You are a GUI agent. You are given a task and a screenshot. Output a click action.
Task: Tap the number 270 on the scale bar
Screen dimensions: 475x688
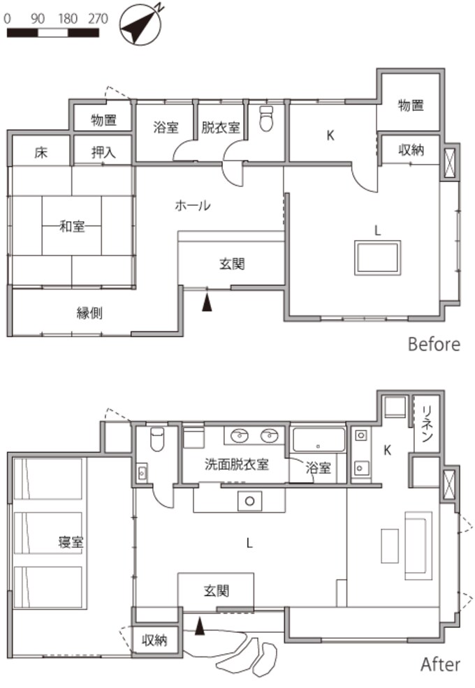(x=98, y=18)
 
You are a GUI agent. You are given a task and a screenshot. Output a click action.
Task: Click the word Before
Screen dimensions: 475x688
(x=434, y=345)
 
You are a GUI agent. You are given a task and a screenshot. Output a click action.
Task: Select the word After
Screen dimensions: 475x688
(x=440, y=665)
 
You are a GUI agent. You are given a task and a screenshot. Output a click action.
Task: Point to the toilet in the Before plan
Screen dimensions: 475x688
(x=266, y=118)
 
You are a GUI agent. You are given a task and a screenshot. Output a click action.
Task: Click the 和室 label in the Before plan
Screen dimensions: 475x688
(x=72, y=227)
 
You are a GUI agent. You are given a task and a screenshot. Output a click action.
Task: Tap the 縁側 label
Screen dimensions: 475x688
(x=89, y=313)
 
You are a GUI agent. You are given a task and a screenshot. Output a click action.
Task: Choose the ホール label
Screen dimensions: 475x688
(x=193, y=205)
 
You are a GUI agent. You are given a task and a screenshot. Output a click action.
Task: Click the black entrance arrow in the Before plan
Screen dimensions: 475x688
(x=207, y=303)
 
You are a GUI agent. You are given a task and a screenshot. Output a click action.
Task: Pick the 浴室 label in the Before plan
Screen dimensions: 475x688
(x=166, y=128)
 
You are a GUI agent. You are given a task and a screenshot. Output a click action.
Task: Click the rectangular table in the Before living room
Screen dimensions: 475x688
(x=378, y=258)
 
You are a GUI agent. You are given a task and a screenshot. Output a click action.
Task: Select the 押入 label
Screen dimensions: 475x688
(x=103, y=152)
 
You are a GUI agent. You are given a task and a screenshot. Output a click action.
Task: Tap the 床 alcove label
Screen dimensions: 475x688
(x=41, y=153)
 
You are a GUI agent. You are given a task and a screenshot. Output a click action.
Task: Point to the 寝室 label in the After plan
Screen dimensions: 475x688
(x=71, y=542)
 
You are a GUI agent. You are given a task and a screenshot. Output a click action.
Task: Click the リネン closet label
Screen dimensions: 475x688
(x=427, y=424)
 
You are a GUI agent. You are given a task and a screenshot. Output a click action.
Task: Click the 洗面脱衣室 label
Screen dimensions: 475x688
(x=236, y=464)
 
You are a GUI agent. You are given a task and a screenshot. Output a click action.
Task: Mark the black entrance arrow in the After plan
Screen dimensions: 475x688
(x=200, y=627)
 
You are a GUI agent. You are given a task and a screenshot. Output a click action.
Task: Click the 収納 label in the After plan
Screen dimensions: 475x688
(x=154, y=641)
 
